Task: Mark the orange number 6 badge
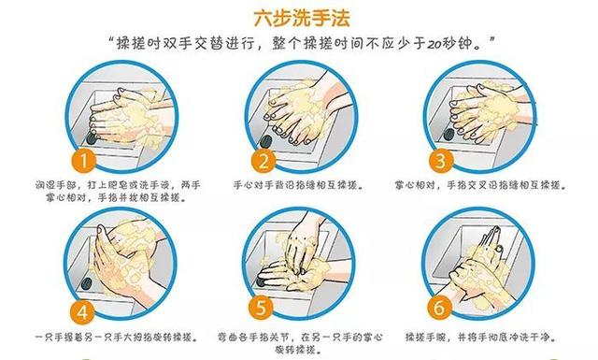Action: [437, 307]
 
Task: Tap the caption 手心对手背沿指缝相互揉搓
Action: [298, 185]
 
